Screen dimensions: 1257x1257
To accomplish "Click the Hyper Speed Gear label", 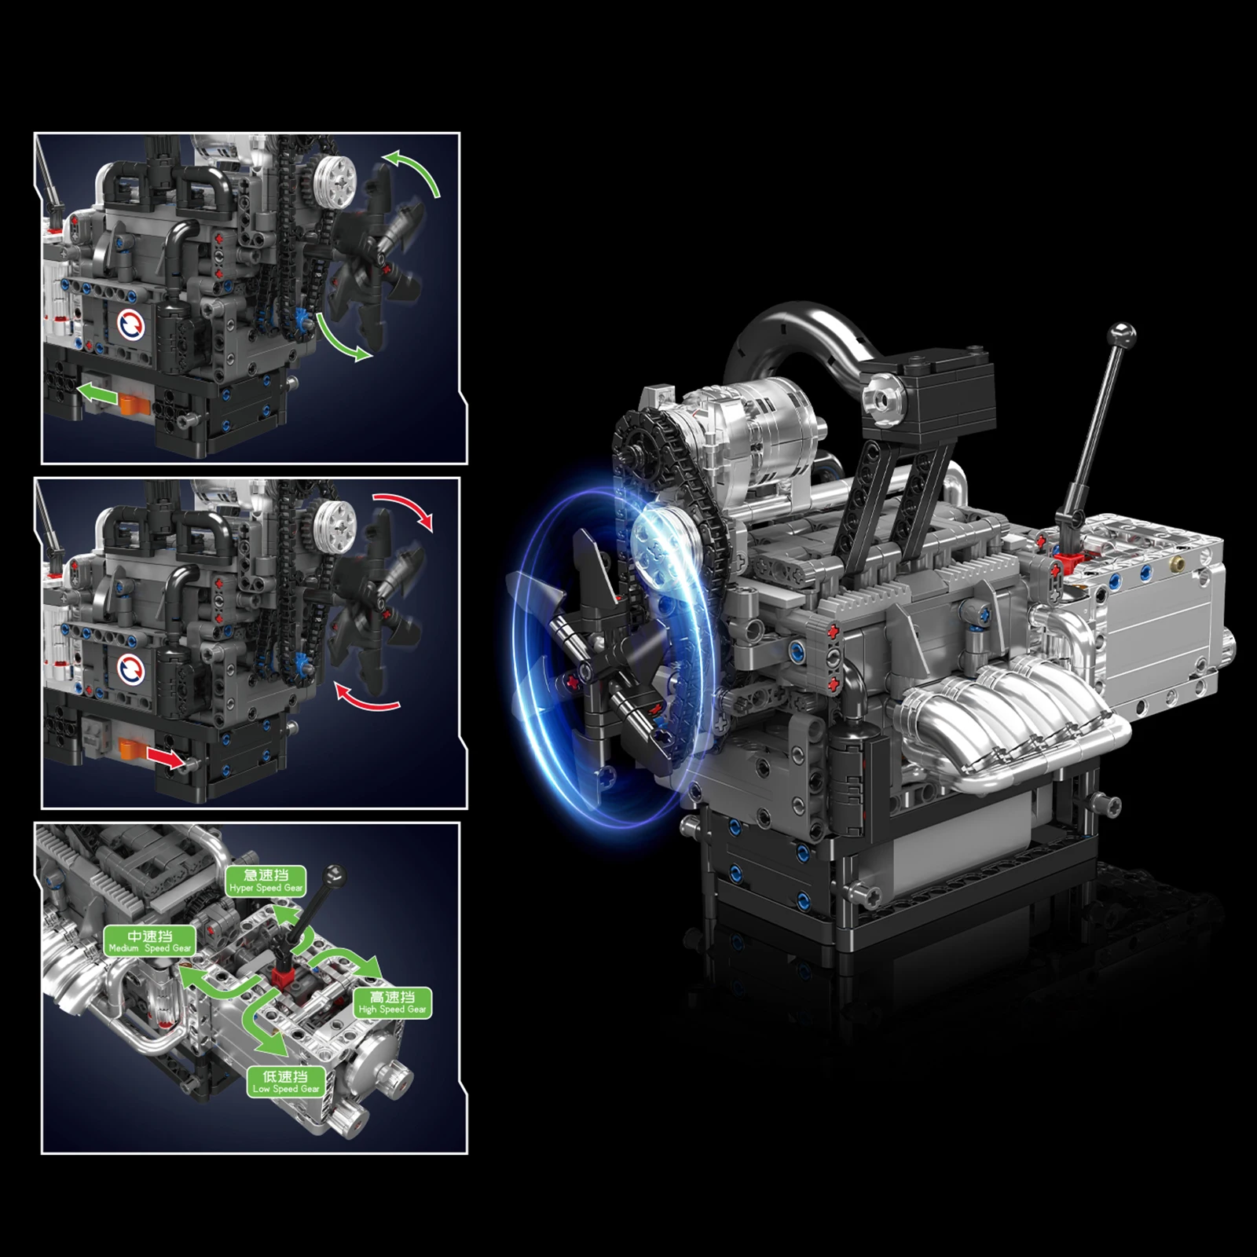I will click(266, 881).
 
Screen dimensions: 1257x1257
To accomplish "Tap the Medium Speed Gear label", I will click(149, 941).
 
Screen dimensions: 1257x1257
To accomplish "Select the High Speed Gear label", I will click(393, 1002).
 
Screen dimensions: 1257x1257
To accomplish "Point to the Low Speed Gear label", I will click(286, 1082).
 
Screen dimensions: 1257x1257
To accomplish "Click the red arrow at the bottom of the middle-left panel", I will click(166, 758).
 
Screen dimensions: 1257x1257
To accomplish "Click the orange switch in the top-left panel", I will click(135, 404).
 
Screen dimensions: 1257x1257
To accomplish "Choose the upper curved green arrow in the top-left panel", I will click(415, 170).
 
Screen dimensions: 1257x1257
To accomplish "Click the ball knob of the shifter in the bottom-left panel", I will click(336, 873).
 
